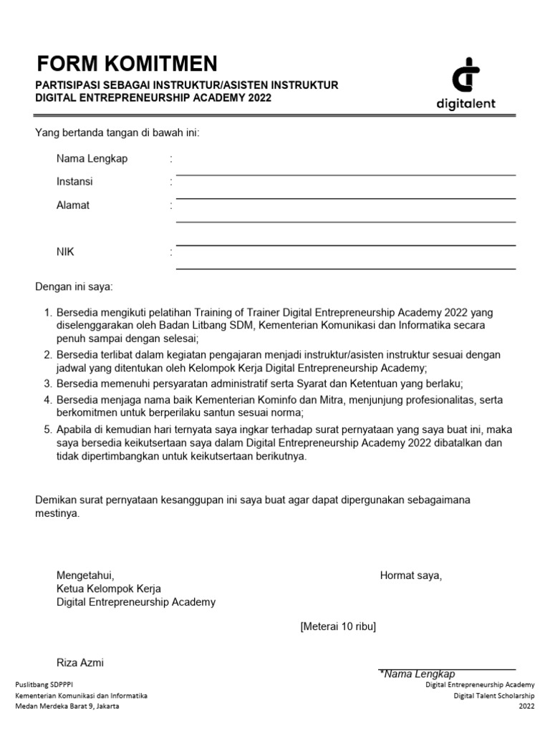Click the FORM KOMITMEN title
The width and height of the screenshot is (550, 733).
point(127,64)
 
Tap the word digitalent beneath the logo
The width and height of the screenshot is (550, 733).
point(465,104)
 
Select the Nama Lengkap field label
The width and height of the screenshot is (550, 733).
point(92,159)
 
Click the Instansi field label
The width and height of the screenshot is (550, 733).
point(74,182)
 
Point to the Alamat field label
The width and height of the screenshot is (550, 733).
point(73,205)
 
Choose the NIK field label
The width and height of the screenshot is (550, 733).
point(65,252)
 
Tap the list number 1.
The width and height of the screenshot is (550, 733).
point(47,313)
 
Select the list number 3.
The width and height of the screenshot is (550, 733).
point(47,384)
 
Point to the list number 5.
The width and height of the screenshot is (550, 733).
point(47,429)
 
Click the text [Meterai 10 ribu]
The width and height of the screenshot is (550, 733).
point(338,627)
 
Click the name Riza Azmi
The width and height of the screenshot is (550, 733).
point(80,663)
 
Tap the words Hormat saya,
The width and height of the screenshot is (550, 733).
point(410,576)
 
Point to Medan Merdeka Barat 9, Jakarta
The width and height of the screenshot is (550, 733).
point(67,707)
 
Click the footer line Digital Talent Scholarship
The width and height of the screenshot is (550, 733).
point(493,696)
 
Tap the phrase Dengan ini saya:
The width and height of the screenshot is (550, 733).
point(74,287)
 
